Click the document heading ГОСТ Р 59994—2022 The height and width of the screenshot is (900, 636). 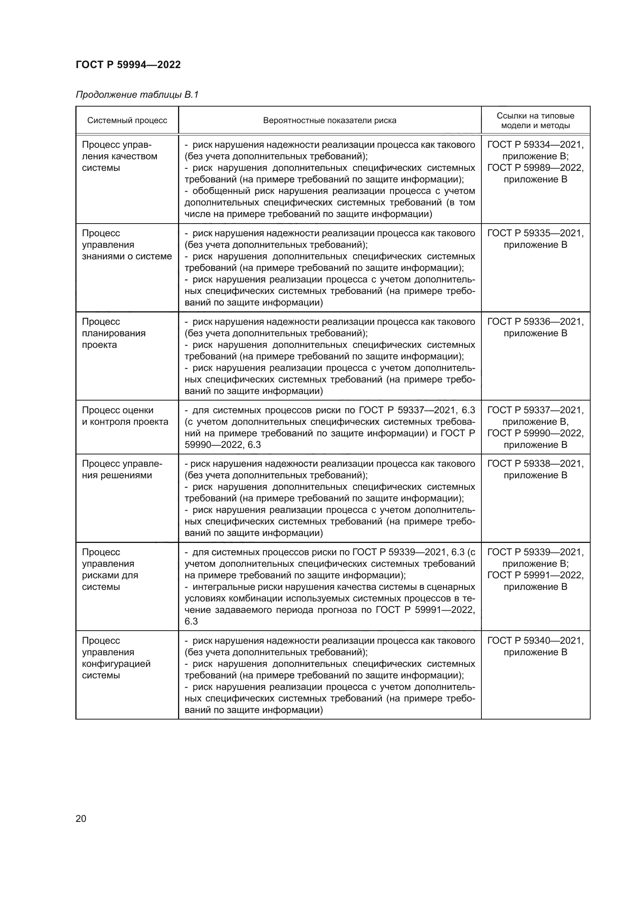click(x=128, y=65)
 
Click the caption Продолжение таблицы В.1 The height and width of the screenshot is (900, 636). click(x=137, y=95)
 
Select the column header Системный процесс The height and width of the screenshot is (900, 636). click(x=127, y=120)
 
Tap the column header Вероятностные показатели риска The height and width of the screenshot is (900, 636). click(x=330, y=120)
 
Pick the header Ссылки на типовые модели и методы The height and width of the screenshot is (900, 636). click(x=535, y=120)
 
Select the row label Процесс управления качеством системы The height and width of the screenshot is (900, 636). click(x=119, y=156)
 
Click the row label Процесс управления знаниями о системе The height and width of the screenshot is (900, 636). click(x=127, y=245)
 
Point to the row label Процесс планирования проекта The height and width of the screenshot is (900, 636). click(x=113, y=333)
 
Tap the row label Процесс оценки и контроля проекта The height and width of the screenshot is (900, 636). click(x=125, y=416)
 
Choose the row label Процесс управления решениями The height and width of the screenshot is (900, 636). click(x=122, y=469)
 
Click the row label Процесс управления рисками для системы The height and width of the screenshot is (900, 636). click(x=110, y=569)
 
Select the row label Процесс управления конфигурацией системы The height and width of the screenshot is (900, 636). click(x=116, y=658)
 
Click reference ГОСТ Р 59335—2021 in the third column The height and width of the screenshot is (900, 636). click(x=535, y=233)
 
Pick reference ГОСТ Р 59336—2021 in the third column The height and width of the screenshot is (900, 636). click(x=535, y=321)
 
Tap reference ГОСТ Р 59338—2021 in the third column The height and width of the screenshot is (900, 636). click(x=535, y=463)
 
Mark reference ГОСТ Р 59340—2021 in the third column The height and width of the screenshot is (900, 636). click(x=535, y=641)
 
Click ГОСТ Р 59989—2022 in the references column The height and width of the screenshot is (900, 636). click(x=535, y=168)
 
